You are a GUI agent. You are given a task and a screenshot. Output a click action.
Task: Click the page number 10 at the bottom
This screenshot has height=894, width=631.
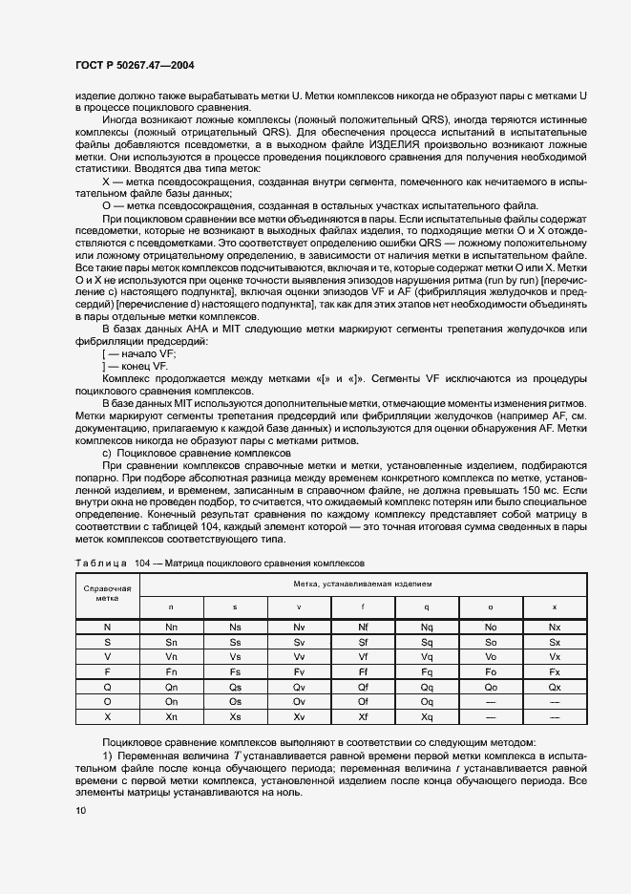(x=81, y=810)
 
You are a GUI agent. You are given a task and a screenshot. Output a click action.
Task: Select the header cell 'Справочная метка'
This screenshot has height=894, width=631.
(x=107, y=592)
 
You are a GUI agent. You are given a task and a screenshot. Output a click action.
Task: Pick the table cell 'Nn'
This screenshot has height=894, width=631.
(x=171, y=627)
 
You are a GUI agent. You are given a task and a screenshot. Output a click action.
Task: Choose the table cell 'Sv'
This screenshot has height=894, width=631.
(x=299, y=642)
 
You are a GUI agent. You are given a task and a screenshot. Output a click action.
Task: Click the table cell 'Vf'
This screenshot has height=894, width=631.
(x=363, y=657)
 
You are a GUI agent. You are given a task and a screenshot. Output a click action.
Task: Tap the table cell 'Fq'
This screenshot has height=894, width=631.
(x=427, y=671)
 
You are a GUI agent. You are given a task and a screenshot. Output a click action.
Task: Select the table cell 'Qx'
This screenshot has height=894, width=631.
(x=555, y=686)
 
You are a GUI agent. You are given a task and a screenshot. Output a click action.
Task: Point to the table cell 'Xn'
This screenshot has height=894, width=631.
(x=171, y=715)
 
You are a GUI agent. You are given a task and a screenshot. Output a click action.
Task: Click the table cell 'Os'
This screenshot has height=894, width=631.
(x=235, y=701)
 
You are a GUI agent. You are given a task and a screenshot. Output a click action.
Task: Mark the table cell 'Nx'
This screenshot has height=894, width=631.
(x=555, y=627)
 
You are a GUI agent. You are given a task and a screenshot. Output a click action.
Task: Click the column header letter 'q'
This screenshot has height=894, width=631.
(x=427, y=607)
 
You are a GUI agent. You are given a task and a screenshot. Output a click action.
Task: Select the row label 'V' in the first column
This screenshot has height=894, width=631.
(x=107, y=657)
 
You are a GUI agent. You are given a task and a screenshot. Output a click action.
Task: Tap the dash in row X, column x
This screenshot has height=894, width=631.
(x=555, y=715)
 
